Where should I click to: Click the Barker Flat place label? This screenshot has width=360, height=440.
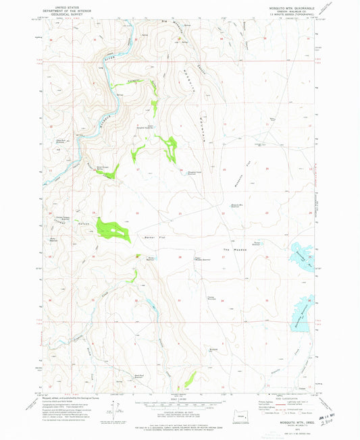pos(150,237)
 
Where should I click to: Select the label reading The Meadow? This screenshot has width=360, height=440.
pos(232,250)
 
